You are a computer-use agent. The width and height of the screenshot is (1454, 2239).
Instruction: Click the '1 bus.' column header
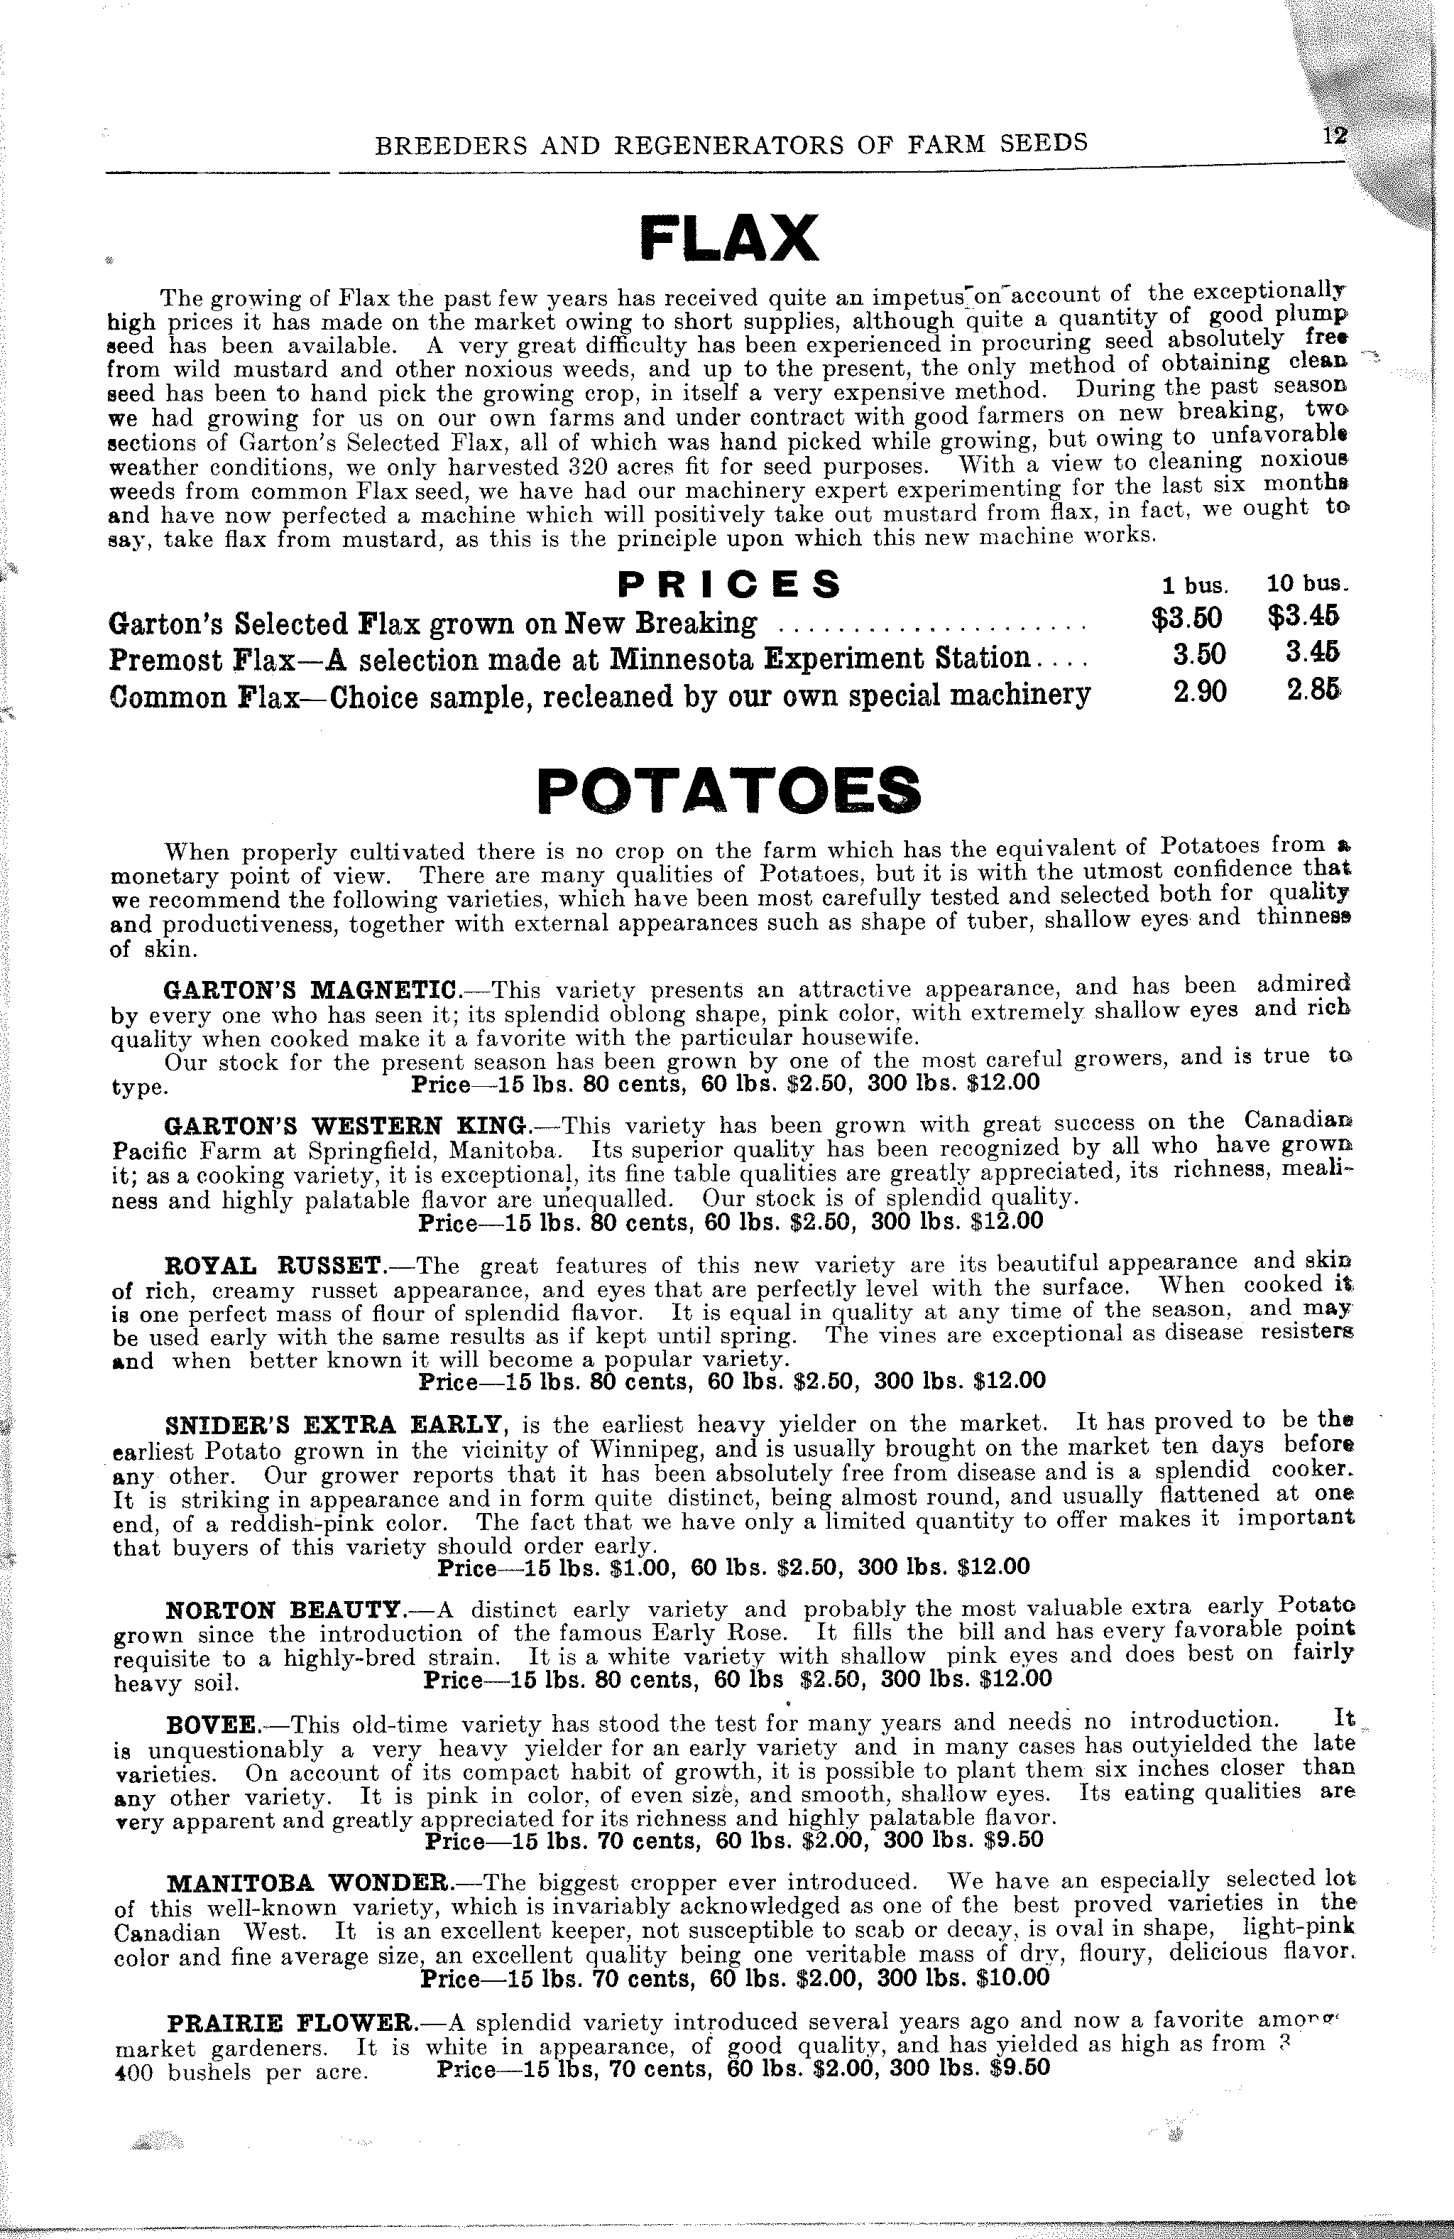1194,585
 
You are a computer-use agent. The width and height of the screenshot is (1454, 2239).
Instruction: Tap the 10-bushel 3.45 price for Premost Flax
1312,652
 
